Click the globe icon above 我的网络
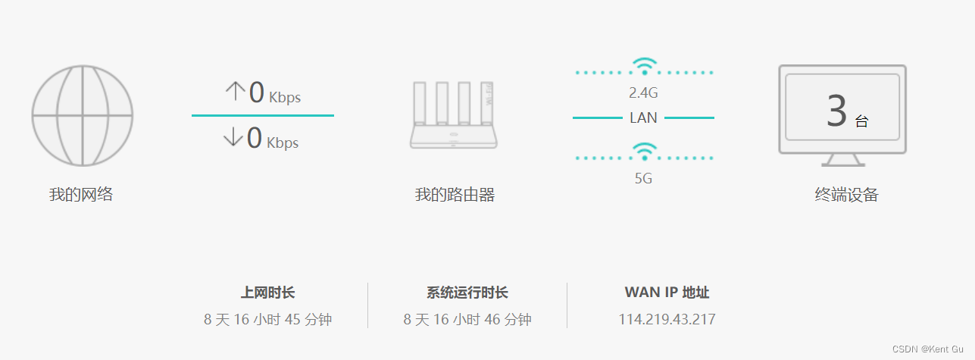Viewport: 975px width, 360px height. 82,115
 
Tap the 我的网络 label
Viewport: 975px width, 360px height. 81,194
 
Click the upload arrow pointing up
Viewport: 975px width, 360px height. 235,92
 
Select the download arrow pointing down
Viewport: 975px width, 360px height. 233,137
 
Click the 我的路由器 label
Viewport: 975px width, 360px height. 455,195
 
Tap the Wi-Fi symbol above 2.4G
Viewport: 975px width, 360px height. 644,66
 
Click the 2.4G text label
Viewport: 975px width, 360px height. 643,93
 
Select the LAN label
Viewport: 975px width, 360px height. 643,118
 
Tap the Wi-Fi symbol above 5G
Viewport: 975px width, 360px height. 644,152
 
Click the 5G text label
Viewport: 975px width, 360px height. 643,179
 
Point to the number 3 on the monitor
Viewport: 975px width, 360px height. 836,111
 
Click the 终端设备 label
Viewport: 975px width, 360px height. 846,195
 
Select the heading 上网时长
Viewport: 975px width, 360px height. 267,293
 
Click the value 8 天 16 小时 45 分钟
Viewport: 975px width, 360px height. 267,319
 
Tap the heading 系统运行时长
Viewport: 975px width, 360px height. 467,293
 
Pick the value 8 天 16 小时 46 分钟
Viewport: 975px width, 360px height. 467,319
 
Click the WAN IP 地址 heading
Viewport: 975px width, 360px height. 667,293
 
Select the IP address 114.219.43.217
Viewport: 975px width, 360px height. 667,319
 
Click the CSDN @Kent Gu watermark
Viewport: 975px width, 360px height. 930,349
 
